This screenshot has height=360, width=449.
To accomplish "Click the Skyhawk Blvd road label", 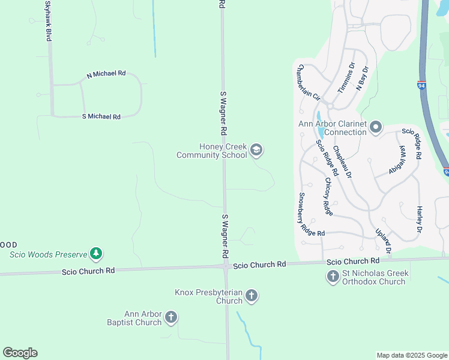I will [47, 20].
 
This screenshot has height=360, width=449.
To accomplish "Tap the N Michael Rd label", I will [106, 74].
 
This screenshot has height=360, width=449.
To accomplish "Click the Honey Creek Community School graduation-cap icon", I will [256, 150].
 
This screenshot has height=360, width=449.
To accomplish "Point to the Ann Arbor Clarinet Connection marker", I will [376, 127].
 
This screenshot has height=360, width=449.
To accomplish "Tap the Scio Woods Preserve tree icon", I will [95, 254].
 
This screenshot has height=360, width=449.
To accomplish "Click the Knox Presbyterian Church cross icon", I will [252, 295].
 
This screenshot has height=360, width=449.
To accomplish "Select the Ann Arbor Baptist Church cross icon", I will [171, 317].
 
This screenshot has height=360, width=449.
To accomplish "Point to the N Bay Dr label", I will [361, 79].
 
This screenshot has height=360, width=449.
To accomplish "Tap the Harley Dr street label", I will [419, 220].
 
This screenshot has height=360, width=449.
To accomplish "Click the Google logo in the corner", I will [20, 353].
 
